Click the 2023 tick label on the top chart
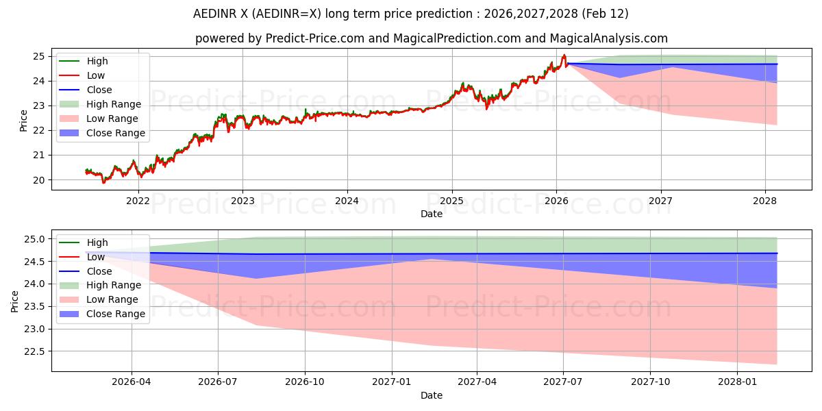coord(242,201)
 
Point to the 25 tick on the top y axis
coord(39,56)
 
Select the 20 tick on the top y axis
coord(39,180)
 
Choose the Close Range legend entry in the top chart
coord(116,133)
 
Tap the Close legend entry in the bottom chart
coord(99,271)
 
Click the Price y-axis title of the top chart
coord(24,121)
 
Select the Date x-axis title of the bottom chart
coord(432,395)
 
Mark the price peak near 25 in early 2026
coord(564,55)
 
